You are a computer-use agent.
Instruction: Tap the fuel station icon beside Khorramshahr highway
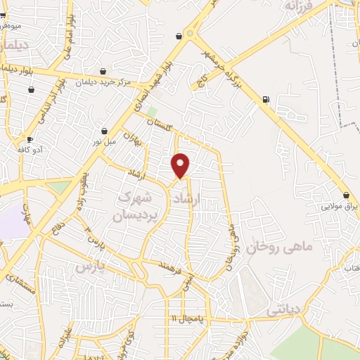(265, 99)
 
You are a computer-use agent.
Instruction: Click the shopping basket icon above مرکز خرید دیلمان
(103, 71)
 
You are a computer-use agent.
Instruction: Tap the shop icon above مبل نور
(104, 131)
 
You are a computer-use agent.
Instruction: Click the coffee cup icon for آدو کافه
(30, 139)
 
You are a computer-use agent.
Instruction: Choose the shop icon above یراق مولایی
(346, 195)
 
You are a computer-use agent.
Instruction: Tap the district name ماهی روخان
(274, 247)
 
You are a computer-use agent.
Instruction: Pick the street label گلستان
(160, 123)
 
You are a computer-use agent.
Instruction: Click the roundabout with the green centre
(189, 32)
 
